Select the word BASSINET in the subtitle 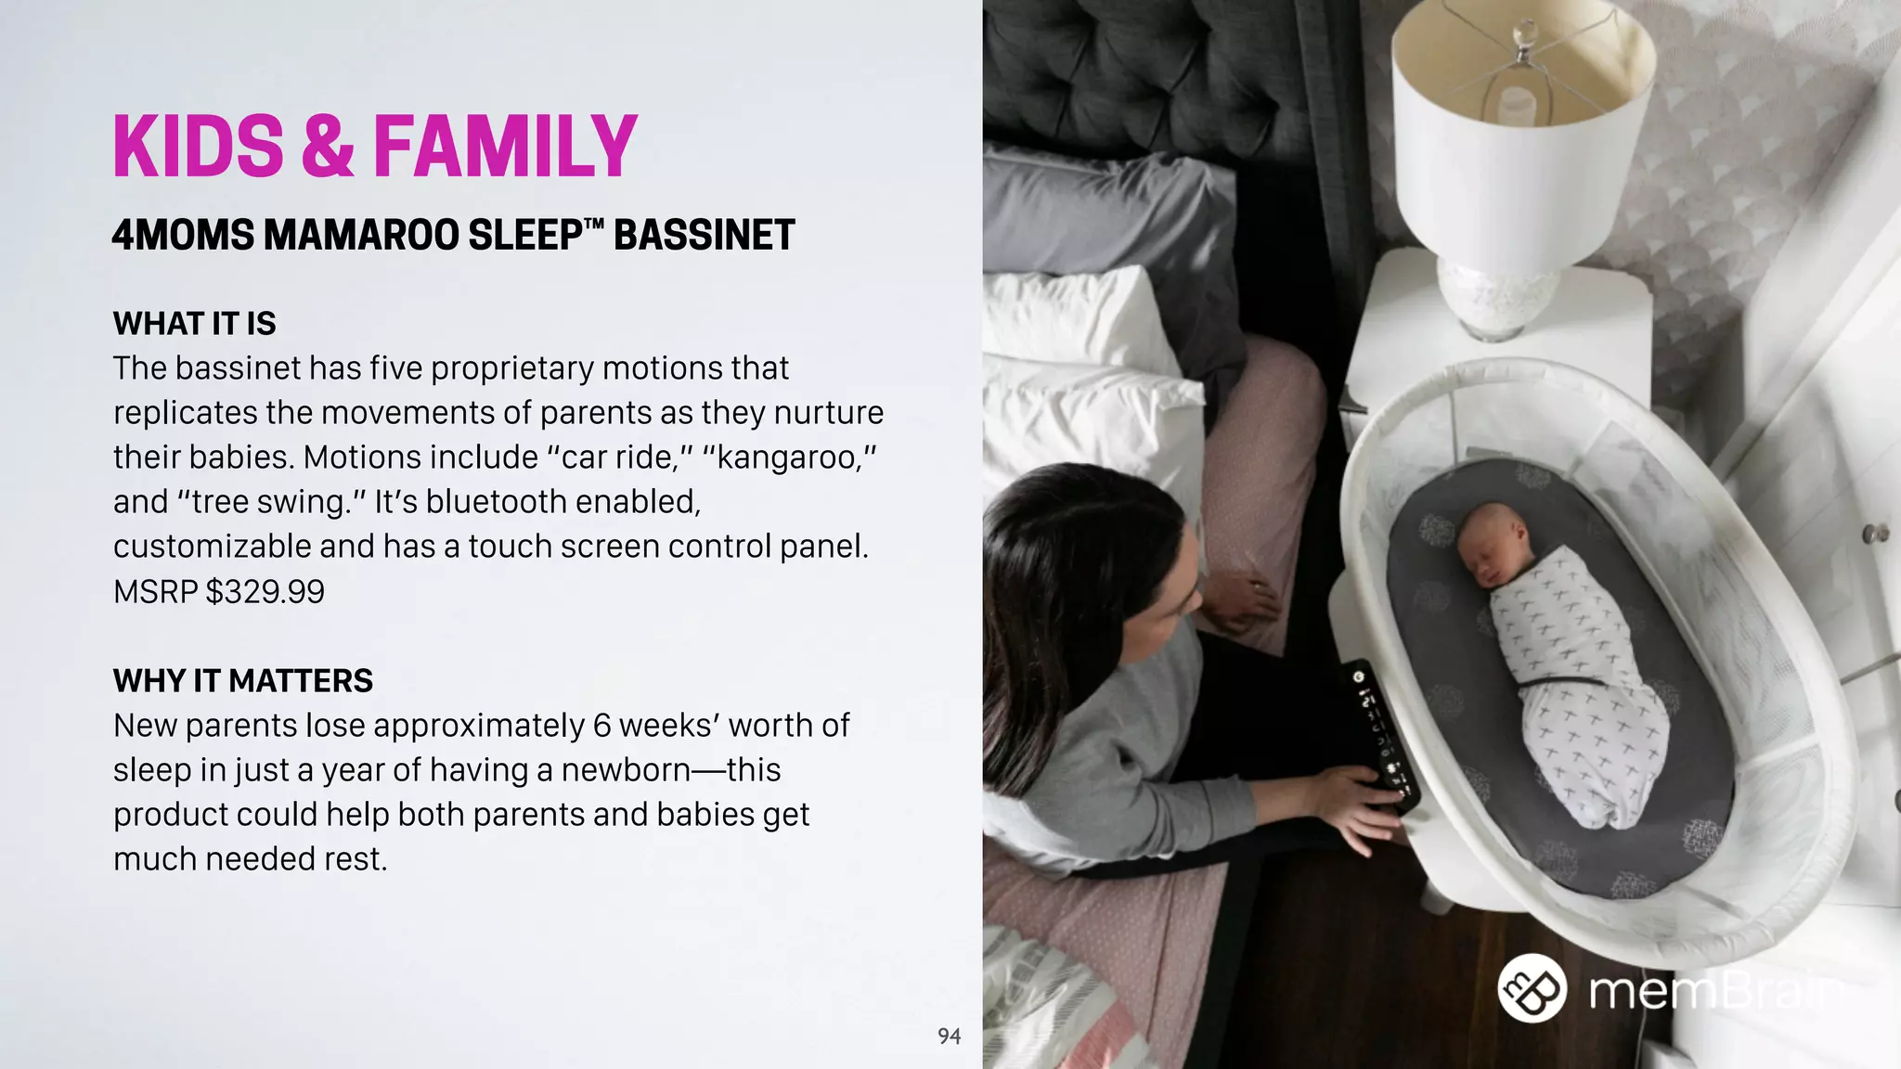[704, 236]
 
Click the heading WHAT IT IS [194, 324]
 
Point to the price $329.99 [265, 592]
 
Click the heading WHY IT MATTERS [242, 681]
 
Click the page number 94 [949, 1037]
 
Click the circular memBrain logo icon [1532, 987]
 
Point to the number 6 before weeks [602, 726]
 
